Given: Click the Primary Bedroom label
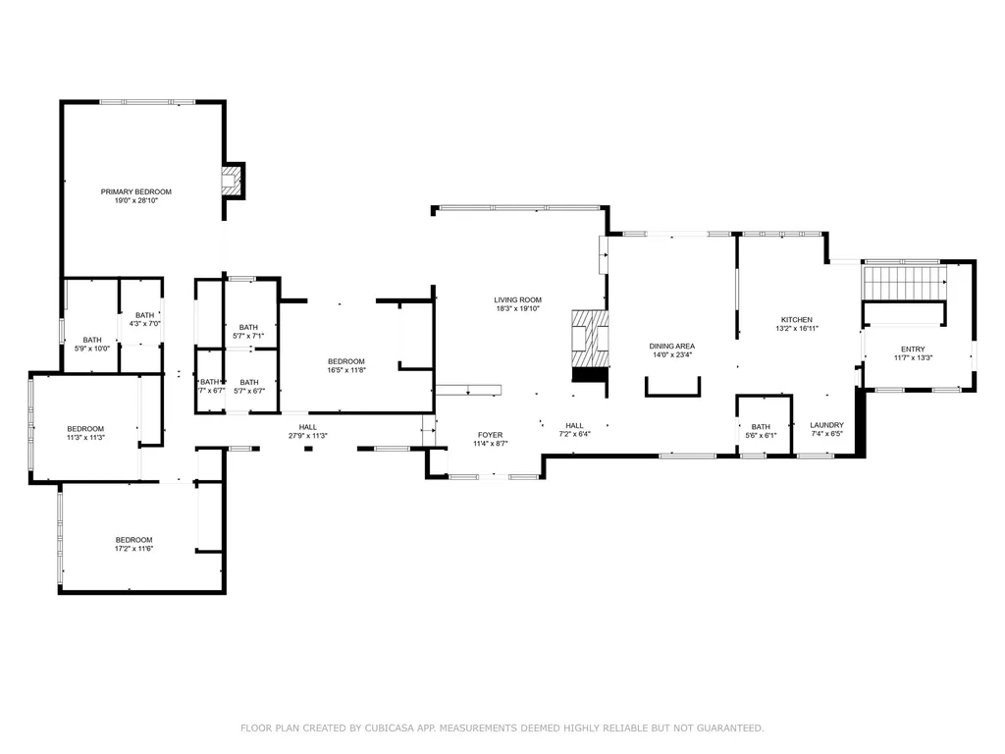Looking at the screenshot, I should (x=136, y=191).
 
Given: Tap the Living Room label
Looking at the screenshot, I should (x=517, y=300).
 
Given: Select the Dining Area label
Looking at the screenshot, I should (x=672, y=347).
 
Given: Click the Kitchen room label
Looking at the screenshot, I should (x=796, y=320).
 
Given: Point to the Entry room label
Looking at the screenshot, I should (x=913, y=350).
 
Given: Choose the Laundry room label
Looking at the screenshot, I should (x=826, y=425).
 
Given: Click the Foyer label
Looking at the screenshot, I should (x=490, y=435).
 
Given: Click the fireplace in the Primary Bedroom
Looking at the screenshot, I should (x=230, y=181).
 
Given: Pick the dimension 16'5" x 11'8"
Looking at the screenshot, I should (x=346, y=370).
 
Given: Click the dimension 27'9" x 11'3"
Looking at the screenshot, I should (x=308, y=436).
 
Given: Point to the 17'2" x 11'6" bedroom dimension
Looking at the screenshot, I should (x=134, y=549).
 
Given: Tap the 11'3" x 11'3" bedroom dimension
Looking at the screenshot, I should (x=85, y=438).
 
